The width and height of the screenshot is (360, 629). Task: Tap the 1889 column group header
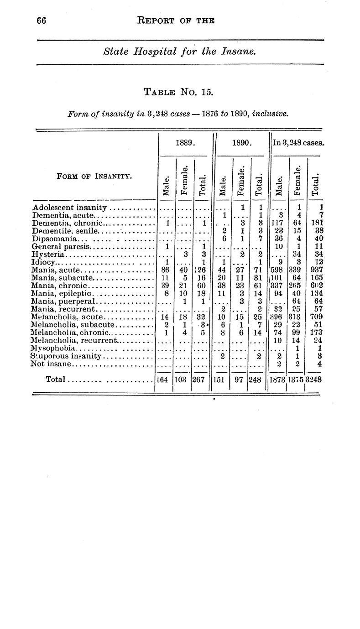pos(185,143)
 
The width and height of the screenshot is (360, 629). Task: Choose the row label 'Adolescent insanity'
pos(69,208)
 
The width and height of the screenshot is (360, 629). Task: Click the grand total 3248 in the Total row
pos(314,379)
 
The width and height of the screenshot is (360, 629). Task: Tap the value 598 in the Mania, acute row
pos(278,270)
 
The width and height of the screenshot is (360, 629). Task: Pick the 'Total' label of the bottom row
pos(57,379)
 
